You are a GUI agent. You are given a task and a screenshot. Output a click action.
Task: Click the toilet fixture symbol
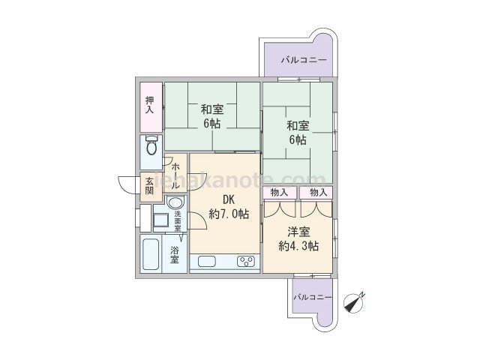151,145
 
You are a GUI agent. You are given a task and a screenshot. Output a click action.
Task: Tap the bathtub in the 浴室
151,254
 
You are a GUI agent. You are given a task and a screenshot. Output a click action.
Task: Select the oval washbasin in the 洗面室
175,202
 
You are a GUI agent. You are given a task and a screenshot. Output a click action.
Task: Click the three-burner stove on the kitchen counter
246,261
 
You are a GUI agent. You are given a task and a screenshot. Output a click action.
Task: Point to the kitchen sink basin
207,262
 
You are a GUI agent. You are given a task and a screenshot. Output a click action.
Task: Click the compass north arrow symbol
354,302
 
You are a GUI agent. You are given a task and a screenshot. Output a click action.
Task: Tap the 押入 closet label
150,105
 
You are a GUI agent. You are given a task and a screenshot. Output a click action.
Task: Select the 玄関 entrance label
149,186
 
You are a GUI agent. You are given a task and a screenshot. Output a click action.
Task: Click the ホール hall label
175,176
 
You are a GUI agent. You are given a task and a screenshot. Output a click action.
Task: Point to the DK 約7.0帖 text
229,207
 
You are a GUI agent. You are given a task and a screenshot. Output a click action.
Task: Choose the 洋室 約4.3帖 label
298,238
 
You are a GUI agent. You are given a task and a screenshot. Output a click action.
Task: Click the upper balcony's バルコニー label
304,60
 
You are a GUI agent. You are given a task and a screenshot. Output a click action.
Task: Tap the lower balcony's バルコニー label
313,297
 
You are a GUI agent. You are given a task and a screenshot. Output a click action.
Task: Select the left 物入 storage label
280,193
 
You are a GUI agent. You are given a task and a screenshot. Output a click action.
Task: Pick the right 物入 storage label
318,193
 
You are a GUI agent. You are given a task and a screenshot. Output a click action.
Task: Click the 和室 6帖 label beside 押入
211,116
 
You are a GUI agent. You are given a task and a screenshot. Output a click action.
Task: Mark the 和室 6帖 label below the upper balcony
298,133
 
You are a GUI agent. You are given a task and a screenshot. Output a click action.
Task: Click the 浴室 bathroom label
175,255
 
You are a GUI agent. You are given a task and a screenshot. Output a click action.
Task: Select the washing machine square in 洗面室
160,220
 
